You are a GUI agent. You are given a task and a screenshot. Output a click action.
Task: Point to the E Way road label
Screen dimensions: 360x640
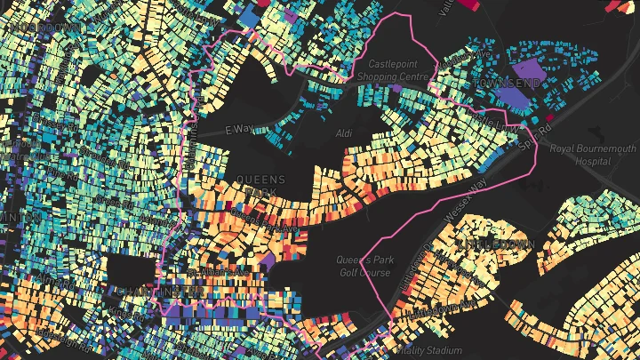pos(241,130)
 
